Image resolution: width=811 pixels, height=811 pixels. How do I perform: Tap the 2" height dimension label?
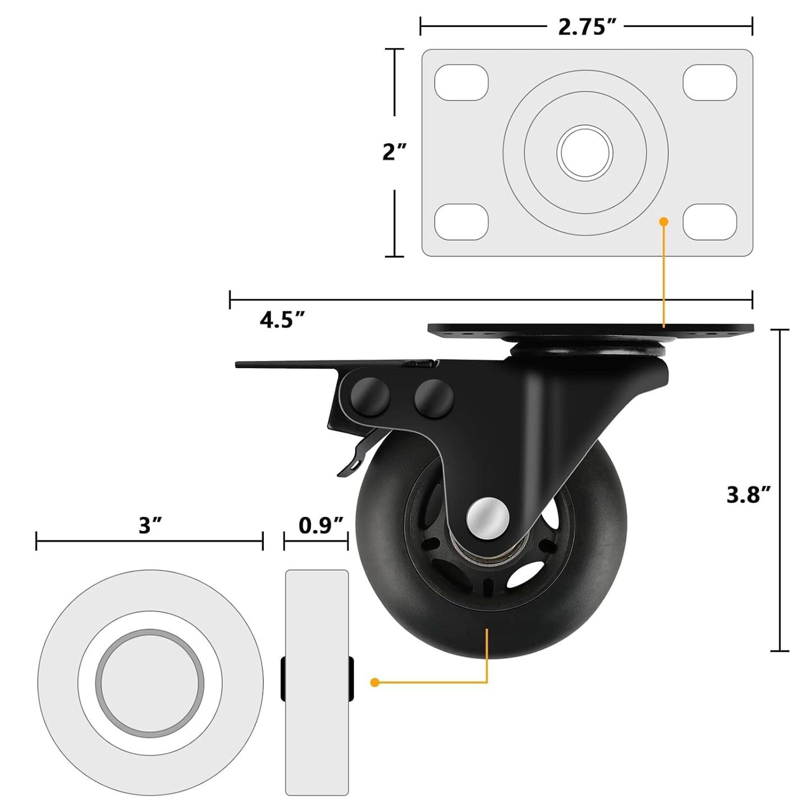click(x=394, y=152)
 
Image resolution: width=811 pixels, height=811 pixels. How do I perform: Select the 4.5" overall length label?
click(x=282, y=320)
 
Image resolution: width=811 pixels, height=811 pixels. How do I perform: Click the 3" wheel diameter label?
click(x=150, y=526)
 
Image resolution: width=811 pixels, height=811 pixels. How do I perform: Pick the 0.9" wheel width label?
click(x=320, y=526)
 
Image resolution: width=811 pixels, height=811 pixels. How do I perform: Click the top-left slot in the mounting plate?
click(x=461, y=83)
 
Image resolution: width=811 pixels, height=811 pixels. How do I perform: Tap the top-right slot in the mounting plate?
click(x=709, y=83)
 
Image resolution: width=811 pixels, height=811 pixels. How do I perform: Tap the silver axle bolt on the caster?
click(x=487, y=516)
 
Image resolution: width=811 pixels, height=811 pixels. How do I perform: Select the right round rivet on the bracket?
click(x=433, y=397)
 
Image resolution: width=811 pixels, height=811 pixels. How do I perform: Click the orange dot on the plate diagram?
click(x=663, y=222)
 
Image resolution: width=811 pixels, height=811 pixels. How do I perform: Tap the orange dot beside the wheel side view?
click(x=375, y=682)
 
